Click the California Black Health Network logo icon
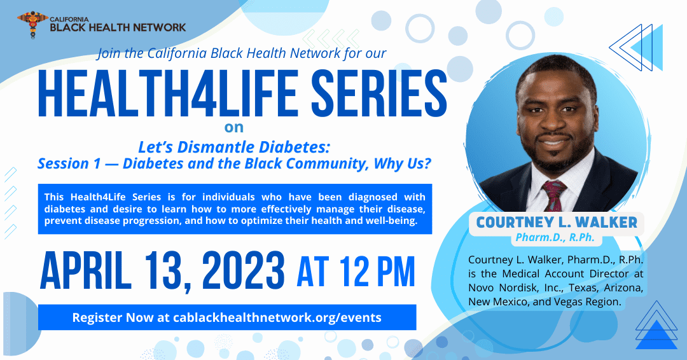coord(32,25)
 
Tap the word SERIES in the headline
coord(379,94)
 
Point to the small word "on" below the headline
coord(234,127)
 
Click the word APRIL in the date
coord(86,270)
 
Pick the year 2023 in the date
coord(243,270)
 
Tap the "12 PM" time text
coord(377,272)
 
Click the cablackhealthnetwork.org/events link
coord(277,317)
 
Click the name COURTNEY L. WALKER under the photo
coord(557,222)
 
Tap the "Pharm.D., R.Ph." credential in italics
coord(555,237)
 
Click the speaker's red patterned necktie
coord(554,195)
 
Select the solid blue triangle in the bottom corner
coord(656,335)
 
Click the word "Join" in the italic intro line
coord(109,53)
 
